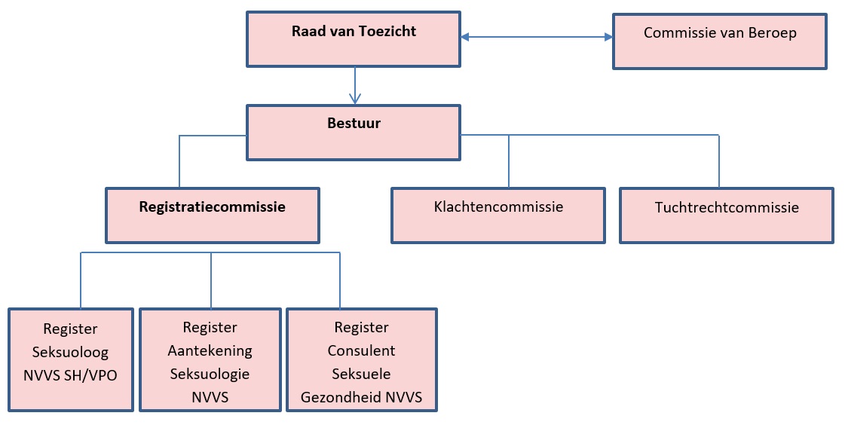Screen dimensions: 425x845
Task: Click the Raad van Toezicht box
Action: (353, 38)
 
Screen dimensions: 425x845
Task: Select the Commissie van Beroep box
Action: (719, 42)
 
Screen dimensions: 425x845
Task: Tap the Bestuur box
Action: (353, 133)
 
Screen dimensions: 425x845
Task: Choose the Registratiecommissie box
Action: (212, 216)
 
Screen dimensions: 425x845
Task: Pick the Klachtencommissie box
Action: (498, 216)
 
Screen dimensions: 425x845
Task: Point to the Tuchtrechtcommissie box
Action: (726, 216)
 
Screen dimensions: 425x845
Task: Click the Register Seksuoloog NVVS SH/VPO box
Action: (71, 359)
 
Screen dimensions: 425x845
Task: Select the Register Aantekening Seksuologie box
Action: (210, 359)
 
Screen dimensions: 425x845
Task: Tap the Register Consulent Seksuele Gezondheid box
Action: (361, 359)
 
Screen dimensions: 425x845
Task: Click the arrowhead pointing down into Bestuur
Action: (354, 98)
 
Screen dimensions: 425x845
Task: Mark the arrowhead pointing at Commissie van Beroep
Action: (607, 36)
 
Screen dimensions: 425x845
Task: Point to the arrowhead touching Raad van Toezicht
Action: (466, 36)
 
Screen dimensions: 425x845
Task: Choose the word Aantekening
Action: (210, 350)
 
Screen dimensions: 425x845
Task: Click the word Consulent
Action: (361, 350)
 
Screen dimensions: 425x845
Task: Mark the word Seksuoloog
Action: (70, 352)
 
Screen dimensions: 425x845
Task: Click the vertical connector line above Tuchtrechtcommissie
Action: (718, 161)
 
